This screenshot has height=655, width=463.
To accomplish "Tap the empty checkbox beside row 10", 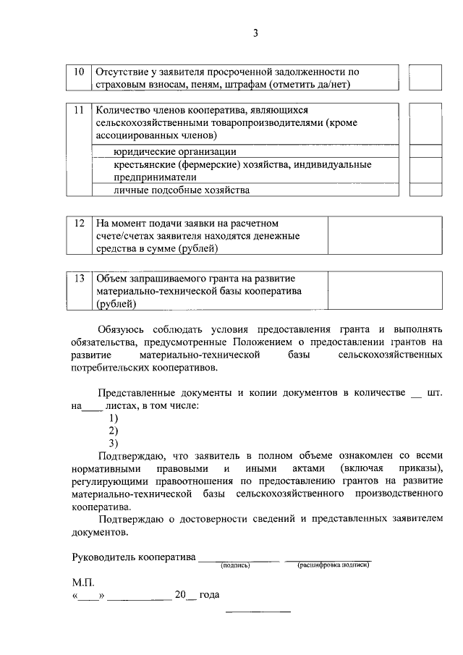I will pos(425,78).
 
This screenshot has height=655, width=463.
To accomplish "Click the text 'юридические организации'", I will pos(175,151).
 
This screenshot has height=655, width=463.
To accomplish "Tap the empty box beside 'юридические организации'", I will pos(425,151).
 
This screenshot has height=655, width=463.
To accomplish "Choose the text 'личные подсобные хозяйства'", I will pos(182,190).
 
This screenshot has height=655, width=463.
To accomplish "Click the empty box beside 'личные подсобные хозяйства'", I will pos(425,190).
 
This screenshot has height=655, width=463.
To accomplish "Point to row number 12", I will pos(80,223).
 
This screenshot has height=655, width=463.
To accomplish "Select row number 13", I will pos(80,279).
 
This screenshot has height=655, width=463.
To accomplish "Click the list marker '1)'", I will pos(114,418).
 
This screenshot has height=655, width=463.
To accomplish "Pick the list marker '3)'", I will pos(114,442).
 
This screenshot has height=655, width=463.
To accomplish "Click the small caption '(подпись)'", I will pos(235,565).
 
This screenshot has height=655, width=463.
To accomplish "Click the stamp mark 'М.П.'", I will pos(83,582).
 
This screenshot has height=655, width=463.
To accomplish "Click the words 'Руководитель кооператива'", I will pos(134,557).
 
